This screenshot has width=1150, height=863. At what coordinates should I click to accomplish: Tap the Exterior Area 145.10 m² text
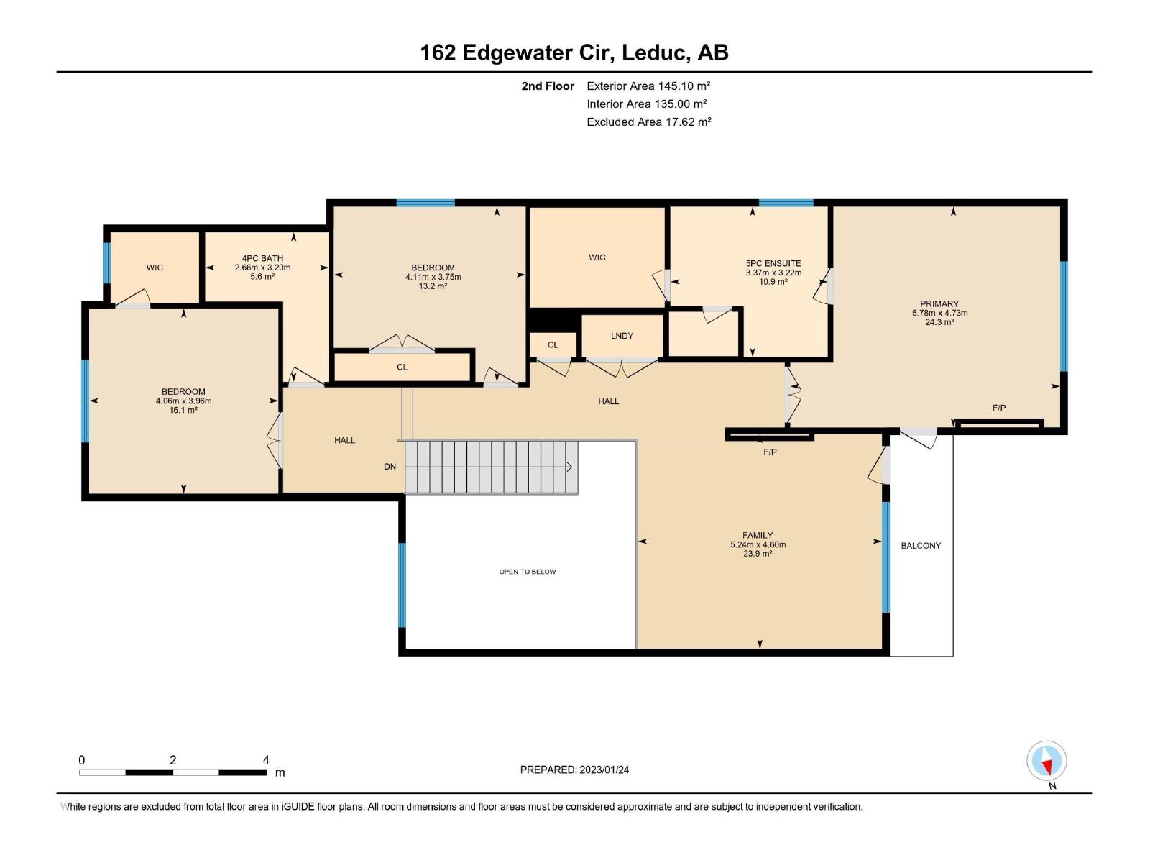point(648,86)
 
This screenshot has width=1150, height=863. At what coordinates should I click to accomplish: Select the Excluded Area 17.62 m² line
point(648,122)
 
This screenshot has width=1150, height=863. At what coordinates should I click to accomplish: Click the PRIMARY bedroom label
point(939,303)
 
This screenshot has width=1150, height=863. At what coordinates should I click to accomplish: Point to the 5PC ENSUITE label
point(773,263)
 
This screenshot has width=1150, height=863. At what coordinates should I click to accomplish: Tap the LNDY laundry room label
point(622,336)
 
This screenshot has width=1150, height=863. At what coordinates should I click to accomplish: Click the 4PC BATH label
point(262,258)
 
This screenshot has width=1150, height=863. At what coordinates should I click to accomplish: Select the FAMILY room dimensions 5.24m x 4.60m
point(758,544)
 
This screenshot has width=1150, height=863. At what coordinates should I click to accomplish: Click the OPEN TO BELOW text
point(528,572)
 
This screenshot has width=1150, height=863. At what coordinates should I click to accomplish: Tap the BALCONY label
point(921,546)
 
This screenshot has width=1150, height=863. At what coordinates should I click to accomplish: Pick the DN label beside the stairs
point(390,467)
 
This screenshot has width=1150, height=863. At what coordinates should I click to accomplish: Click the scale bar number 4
point(266,760)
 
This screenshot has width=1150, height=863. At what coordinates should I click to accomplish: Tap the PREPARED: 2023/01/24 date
point(574,770)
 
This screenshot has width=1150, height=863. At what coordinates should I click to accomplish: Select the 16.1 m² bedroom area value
point(183,410)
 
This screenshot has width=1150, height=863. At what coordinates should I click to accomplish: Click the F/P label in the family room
point(770,452)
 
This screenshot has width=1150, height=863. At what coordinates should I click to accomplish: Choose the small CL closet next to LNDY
point(553,344)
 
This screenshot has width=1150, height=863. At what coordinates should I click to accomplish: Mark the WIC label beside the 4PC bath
point(155,268)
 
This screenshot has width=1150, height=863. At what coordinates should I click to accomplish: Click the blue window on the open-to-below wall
point(402,585)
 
